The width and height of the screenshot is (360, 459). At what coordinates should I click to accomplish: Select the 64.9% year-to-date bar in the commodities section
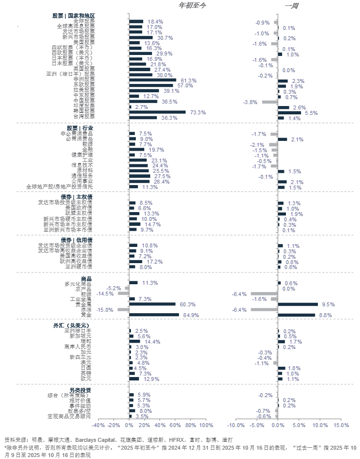(154, 315)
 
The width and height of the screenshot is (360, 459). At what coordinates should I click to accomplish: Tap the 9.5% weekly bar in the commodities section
(298, 304)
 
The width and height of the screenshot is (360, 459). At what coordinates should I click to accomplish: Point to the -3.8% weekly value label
(251, 102)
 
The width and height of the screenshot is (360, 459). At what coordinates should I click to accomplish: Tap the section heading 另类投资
(79, 390)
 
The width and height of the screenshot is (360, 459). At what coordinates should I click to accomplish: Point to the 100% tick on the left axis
(206, 425)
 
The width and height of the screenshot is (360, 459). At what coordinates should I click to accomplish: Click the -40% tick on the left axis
(99, 425)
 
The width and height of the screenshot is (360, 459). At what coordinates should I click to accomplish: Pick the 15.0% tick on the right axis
(341, 425)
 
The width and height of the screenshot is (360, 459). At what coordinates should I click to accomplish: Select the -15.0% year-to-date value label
(105, 310)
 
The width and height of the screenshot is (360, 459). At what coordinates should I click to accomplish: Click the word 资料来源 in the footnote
(14, 440)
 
